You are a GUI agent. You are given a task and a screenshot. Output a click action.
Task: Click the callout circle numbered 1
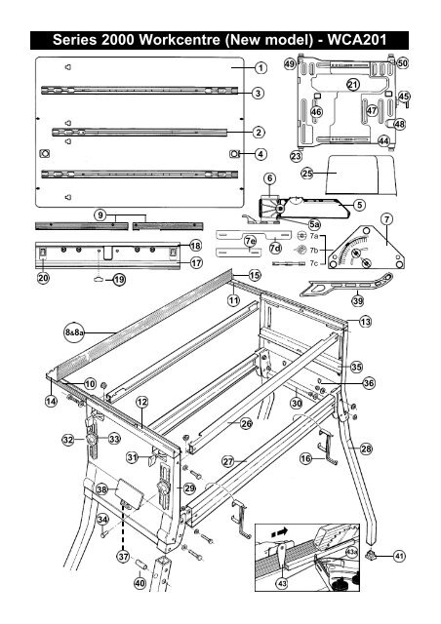coord(261,68)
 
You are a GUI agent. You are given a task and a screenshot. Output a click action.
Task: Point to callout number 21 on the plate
coord(352,86)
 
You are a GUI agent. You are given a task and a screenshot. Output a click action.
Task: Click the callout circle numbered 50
coord(403,62)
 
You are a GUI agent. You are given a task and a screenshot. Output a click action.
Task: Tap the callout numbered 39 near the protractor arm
coord(358,302)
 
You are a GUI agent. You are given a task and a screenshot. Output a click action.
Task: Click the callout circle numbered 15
coord(255,276)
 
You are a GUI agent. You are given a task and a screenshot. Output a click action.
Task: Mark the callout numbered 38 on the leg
coord(101,490)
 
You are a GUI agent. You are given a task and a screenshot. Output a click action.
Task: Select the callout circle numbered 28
coord(367,448)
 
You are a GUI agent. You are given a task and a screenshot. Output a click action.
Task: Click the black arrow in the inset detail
coord(283,534)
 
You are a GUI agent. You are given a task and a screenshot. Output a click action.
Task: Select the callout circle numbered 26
coord(247,424)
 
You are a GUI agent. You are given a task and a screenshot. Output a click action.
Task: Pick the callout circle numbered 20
coord(43,279)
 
